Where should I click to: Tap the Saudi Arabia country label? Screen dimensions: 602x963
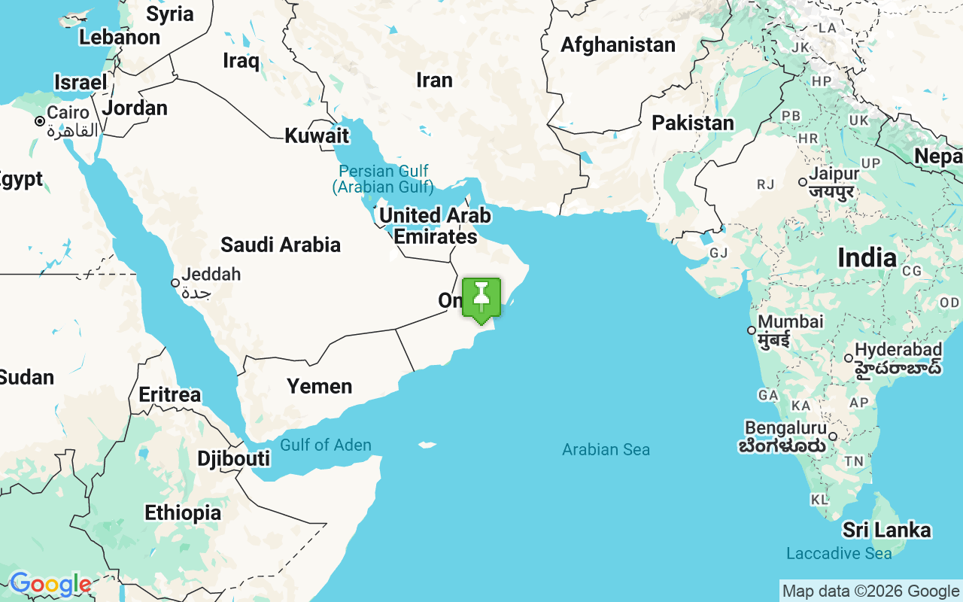(x=280, y=245)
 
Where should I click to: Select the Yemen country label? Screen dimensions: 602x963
(x=319, y=386)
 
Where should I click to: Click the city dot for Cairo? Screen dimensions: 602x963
(x=39, y=121)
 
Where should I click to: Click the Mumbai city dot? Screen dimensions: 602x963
(x=751, y=330)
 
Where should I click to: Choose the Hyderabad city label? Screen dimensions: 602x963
(x=898, y=351)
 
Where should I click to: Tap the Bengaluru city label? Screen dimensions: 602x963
(x=785, y=428)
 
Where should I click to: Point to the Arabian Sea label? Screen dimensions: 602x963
(x=606, y=450)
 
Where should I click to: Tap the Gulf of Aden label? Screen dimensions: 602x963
(x=326, y=445)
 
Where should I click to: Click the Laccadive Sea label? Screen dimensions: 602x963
(x=839, y=554)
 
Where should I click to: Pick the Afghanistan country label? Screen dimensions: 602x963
(x=618, y=45)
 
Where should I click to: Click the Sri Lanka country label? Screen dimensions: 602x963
(x=886, y=530)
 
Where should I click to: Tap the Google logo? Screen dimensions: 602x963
(x=50, y=584)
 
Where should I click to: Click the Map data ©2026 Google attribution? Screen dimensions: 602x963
(x=870, y=591)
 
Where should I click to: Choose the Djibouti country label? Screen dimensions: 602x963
(x=233, y=458)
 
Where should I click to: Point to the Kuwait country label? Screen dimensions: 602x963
(x=317, y=135)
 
